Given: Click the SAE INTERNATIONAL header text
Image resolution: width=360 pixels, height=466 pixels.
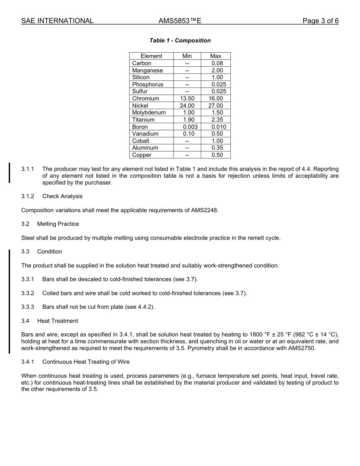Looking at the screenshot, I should click(x=57, y=21).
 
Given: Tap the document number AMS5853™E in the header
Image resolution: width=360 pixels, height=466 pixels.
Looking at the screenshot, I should click(x=180, y=21).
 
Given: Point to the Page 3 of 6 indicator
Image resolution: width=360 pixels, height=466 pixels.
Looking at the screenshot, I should click(x=320, y=21).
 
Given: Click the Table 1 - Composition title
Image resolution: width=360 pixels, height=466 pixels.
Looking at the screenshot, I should click(x=180, y=41).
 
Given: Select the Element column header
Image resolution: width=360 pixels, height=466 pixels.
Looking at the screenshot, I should click(x=151, y=56).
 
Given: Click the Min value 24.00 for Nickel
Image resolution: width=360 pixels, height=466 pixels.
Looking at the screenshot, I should click(x=187, y=106).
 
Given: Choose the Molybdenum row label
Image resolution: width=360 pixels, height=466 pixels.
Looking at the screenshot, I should click(x=149, y=113).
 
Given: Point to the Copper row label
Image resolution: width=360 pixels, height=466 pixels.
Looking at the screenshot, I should click(x=142, y=155).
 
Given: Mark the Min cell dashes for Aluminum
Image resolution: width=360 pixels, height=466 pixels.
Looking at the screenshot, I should click(x=187, y=148).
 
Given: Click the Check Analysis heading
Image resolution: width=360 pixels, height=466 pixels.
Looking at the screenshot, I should click(x=62, y=196).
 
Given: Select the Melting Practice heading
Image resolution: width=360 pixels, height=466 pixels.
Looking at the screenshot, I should click(x=58, y=224).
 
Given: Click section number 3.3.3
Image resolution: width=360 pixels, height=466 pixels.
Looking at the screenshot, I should click(x=28, y=307).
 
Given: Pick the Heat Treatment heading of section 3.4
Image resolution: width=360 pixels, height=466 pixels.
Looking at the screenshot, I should click(x=58, y=321).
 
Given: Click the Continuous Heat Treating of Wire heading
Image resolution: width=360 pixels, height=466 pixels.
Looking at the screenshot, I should click(x=86, y=362).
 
